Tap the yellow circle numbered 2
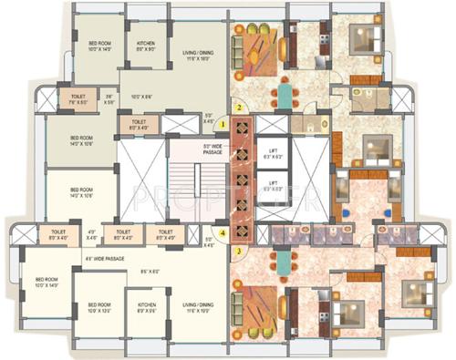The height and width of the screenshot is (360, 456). [x=238, y=107]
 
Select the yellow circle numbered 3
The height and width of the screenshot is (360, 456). [x=238, y=250]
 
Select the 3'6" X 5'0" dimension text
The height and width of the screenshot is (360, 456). [x=108, y=98]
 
